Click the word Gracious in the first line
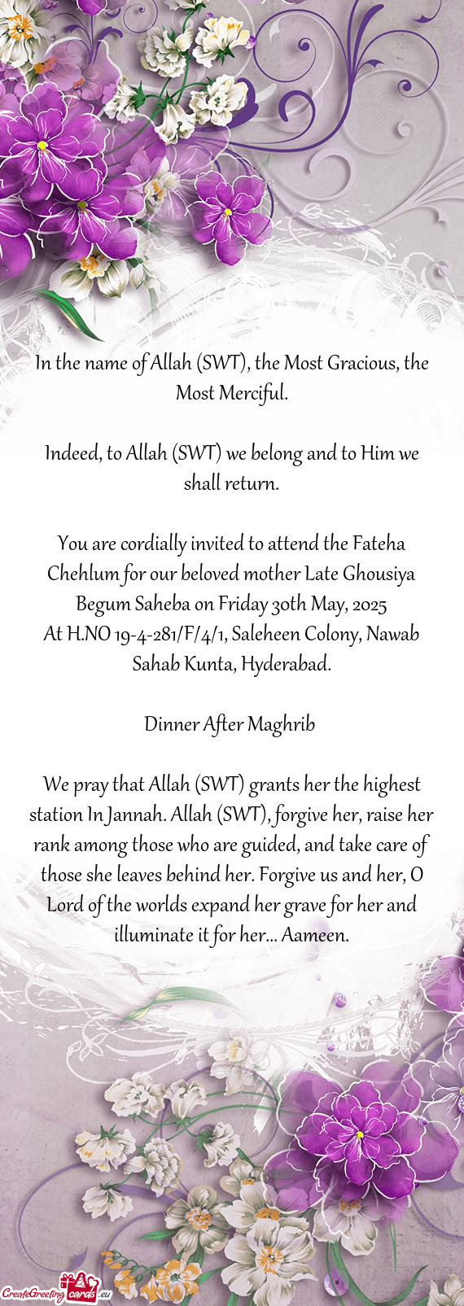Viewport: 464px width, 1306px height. coord(362,363)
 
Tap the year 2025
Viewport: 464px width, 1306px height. coord(370,604)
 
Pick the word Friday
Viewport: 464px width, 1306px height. coord(243,604)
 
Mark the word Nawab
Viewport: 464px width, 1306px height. coord(392,634)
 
